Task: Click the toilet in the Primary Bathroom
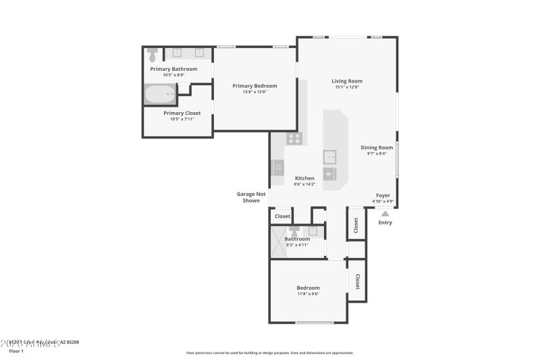pos(153,53)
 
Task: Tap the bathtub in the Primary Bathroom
pos(159,94)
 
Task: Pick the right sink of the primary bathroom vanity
pos(200,53)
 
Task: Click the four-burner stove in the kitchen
pos(294,138)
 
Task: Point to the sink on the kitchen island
pos(330,157)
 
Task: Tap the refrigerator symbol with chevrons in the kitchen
pos(278,166)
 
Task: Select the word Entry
pos(385,222)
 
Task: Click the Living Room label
pos(347,81)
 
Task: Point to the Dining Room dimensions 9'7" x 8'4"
pos(377,153)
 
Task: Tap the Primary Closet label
pos(182,113)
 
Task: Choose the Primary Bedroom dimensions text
pos(254,92)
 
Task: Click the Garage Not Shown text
pos(250,197)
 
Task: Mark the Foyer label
pos(383,195)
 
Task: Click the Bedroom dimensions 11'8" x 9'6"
pos(308,294)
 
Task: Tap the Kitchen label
pos(304,178)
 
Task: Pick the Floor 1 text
pos(16,351)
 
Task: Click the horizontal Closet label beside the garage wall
pos(282,217)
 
